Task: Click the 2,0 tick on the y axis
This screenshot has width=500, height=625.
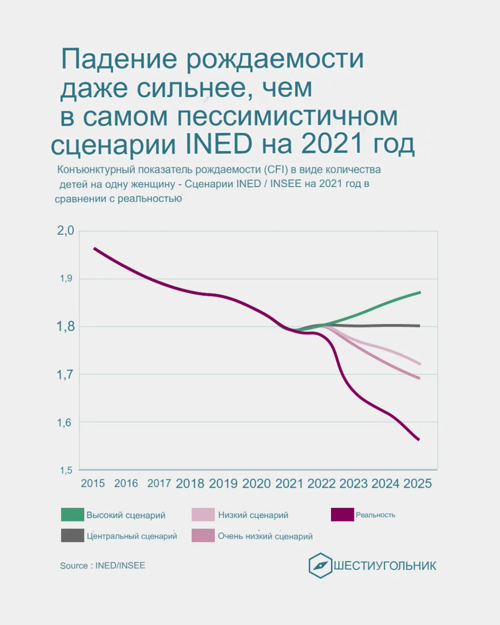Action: (65, 231)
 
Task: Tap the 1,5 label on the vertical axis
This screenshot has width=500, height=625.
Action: (66, 470)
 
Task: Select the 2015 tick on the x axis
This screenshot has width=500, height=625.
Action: (93, 483)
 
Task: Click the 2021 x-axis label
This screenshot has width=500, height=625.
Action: (289, 483)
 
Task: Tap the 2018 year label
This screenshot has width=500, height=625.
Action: (190, 483)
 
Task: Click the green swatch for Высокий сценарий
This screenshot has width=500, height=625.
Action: (72, 515)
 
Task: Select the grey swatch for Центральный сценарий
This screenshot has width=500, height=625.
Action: (72, 536)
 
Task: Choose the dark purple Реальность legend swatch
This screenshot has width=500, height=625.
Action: (342, 515)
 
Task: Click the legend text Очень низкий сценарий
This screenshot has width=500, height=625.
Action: (265, 536)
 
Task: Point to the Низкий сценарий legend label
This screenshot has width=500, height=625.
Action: (253, 515)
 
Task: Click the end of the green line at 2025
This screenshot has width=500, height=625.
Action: (420, 292)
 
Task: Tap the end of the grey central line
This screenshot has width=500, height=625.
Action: (419, 326)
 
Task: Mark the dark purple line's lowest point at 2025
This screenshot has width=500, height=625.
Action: (418, 439)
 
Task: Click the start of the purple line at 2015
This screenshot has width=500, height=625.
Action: (95, 249)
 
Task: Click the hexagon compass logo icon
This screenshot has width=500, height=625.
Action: (320, 565)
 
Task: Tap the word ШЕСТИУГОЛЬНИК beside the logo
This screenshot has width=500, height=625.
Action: (385, 566)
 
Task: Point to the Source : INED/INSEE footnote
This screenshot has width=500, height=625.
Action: (103, 565)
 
